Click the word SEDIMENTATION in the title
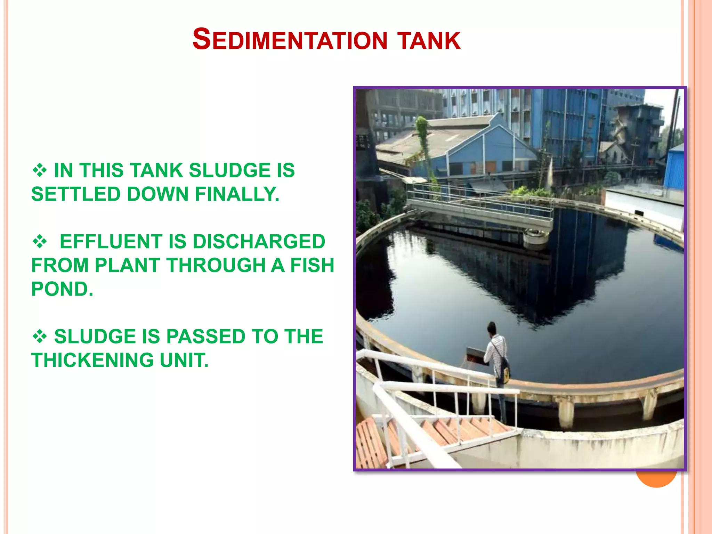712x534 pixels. [290, 40]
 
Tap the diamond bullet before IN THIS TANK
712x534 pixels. [40, 170]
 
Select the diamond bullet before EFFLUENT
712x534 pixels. [40, 242]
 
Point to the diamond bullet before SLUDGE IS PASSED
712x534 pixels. [40, 337]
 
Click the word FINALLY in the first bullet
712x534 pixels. [237, 194]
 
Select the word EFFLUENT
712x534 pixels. [111, 242]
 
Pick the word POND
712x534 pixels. [62, 289]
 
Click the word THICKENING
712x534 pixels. [92, 360]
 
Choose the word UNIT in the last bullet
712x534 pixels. [184, 360]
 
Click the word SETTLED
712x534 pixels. [76, 194]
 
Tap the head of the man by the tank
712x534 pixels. [491, 328]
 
